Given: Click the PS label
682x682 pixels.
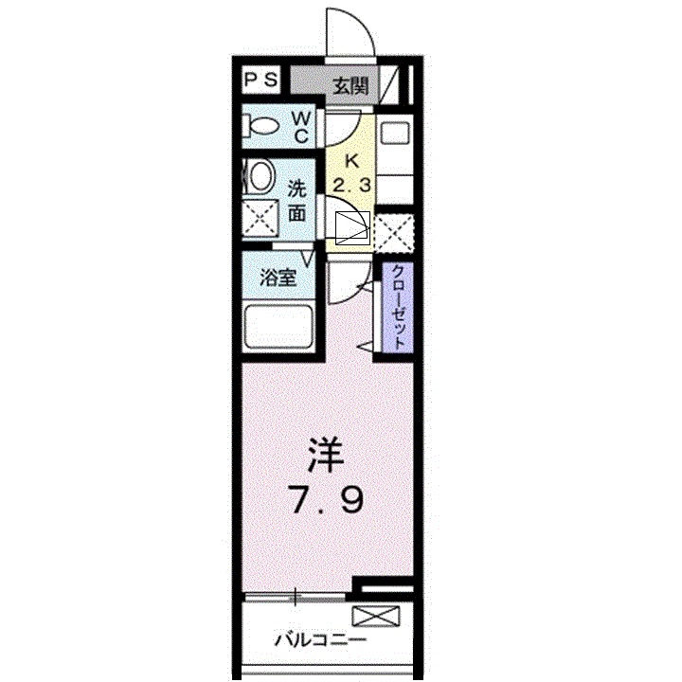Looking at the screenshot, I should coord(262,81).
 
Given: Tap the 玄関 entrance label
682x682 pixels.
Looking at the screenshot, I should coord(350,85).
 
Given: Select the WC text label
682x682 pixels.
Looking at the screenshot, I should coord(300,127).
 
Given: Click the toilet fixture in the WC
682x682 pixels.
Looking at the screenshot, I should coord(260,125).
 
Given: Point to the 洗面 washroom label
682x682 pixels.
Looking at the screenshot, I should coord(297,201).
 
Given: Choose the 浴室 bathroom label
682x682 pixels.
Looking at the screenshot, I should coord(278,280).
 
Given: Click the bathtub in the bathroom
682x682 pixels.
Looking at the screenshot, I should coord(279,327).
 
